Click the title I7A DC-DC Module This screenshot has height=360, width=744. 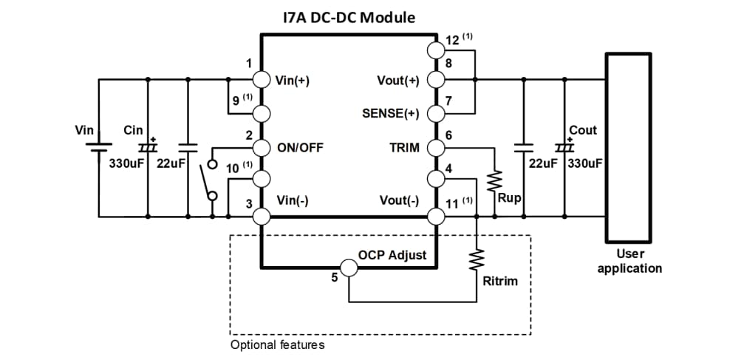click(348, 16)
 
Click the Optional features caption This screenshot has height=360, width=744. click(277, 344)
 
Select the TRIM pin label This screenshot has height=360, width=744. click(404, 147)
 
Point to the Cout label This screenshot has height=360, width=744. click(582, 130)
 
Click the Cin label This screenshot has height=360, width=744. click(134, 130)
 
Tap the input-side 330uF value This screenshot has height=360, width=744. click(126, 163)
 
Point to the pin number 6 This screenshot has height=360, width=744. click(448, 135)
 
